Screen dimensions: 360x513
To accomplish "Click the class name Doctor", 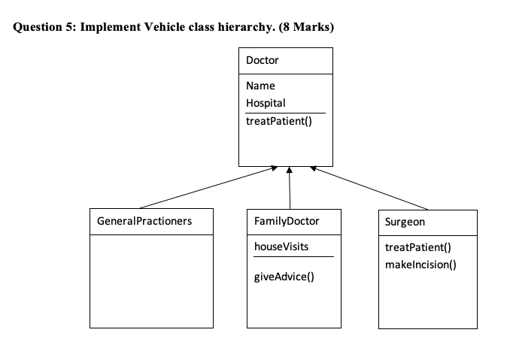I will tap(262, 60).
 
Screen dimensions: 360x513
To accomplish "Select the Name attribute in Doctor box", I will tap(260, 86).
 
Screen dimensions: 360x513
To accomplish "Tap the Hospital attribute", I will tap(266, 103).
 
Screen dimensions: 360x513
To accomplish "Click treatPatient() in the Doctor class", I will tap(278, 120).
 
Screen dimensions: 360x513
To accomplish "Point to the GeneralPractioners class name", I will tap(144, 222).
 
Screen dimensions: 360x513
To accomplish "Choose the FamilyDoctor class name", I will tap(287, 222).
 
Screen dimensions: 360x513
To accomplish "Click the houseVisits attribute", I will tap(281, 247).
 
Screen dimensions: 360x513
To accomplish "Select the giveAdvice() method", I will tap(284, 277).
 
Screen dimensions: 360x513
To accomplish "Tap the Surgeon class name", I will tap(405, 222).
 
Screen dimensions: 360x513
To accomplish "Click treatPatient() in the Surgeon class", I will tap(417, 248).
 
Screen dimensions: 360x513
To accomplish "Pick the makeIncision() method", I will tap(420, 265).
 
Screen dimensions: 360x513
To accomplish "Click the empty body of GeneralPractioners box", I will tap(151, 281).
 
